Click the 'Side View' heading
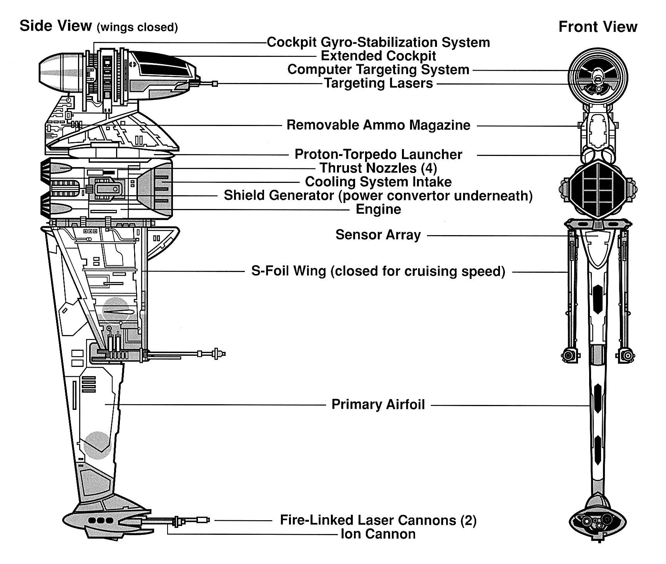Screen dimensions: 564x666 coord(56,26)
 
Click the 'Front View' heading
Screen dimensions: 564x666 coord(598,27)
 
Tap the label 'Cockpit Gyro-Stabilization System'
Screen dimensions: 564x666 coord(378,42)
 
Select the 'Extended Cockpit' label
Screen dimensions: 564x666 coord(378,56)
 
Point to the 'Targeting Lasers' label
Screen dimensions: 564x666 coord(379,83)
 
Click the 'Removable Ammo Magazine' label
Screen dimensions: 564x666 coord(378,125)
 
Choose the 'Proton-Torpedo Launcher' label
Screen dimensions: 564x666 coord(378,154)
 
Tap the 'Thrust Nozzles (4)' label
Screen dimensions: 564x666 coord(378,168)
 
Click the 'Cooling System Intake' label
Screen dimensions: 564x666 coord(378,182)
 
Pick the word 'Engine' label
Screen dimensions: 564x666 coord(378,209)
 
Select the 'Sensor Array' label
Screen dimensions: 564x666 coord(378,235)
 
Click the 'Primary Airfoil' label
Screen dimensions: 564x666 coord(378,405)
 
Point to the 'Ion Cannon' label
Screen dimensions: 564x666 coord(378,534)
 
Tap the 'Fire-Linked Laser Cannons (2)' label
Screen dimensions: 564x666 coord(378,520)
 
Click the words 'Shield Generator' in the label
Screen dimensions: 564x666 coord(279,196)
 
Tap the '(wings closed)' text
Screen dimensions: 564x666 coord(137,28)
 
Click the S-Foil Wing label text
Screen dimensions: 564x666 coord(378,271)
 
